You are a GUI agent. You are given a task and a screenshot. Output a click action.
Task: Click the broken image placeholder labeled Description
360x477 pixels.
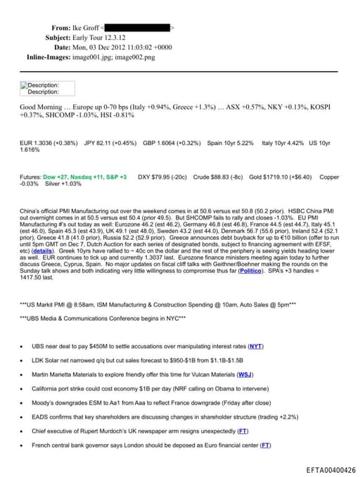39,88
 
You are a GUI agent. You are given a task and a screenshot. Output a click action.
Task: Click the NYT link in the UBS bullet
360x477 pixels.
256,346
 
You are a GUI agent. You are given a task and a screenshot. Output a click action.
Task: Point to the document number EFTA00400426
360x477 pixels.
330,470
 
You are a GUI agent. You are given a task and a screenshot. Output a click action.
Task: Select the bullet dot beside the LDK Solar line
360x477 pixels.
22,360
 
